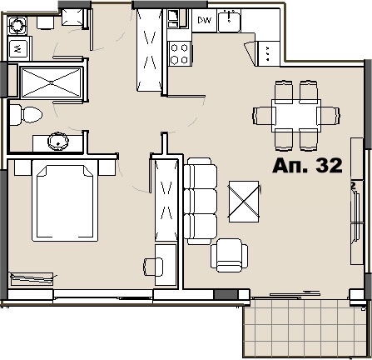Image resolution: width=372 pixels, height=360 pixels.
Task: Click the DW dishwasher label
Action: (x=204, y=18)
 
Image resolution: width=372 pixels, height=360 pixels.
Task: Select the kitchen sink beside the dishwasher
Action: (x=231, y=20)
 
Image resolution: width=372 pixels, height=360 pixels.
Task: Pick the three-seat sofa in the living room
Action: (x=200, y=198)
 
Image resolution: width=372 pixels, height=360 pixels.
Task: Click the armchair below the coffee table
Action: (x=228, y=255)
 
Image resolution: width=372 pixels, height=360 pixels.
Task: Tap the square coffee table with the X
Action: (x=246, y=200)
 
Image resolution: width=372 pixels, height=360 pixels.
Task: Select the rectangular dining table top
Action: (x=297, y=112)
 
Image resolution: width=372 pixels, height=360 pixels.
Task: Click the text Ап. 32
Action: (x=307, y=166)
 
